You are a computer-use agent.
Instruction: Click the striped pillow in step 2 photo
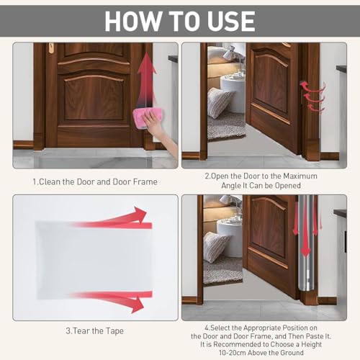[219, 102]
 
